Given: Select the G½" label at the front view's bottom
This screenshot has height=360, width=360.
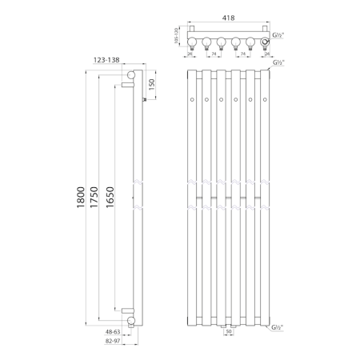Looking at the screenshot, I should click(x=278, y=328).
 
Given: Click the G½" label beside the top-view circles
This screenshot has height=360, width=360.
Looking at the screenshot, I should click(x=278, y=36).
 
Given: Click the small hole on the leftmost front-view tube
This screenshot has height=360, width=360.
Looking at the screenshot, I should click(x=193, y=100).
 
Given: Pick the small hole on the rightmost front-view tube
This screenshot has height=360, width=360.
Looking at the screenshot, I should click(x=265, y=100).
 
